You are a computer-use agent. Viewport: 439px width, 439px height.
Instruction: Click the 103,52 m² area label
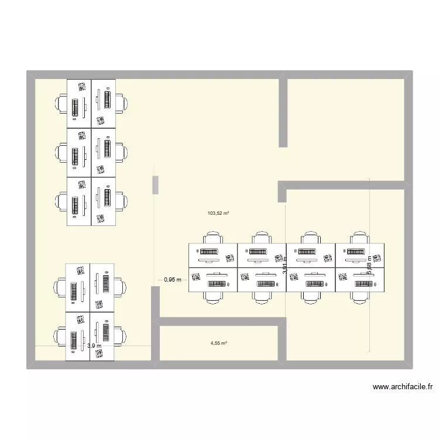[218, 214]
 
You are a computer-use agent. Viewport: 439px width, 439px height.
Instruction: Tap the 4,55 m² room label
[218, 344]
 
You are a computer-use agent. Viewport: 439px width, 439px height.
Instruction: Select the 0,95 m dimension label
[173, 280]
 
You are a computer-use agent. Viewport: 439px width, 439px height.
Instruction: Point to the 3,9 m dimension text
[94, 346]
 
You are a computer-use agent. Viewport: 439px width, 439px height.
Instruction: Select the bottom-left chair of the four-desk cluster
[60, 336]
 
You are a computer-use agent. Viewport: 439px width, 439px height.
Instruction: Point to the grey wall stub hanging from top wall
[283, 111]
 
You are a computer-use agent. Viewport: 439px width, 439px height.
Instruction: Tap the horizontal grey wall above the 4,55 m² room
[218, 321]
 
